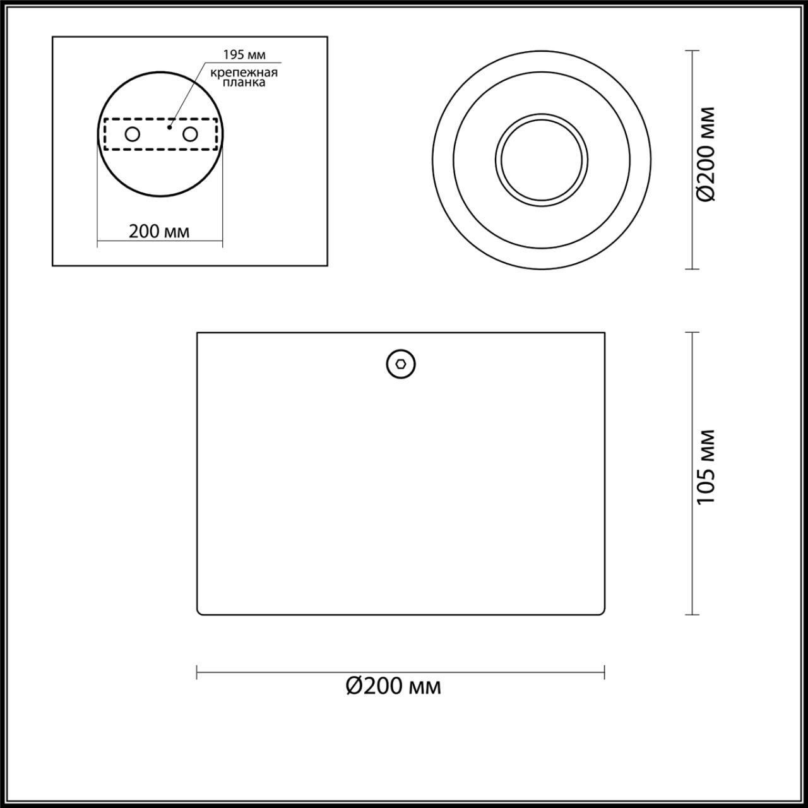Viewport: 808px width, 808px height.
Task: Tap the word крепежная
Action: [244, 73]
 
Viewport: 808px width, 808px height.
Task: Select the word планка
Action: [244, 83]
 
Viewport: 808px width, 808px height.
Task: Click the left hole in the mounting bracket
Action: [133, 134]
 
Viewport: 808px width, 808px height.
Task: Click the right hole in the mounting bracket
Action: [189, 134]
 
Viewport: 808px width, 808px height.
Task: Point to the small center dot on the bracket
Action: [169, 127]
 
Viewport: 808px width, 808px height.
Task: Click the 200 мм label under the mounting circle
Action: [159, 232]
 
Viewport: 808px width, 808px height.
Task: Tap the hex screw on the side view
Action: [401, 364]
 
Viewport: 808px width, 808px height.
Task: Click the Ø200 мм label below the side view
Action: [393, 686]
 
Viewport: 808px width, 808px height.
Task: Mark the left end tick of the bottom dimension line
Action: [197, 672]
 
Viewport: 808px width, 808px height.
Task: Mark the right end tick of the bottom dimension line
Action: [605, 672]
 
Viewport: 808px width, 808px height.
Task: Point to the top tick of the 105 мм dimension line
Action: [692, 333]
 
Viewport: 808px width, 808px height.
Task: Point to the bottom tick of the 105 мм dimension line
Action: [692, 614]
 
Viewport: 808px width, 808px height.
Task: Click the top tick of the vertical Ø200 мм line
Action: [692, 51]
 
